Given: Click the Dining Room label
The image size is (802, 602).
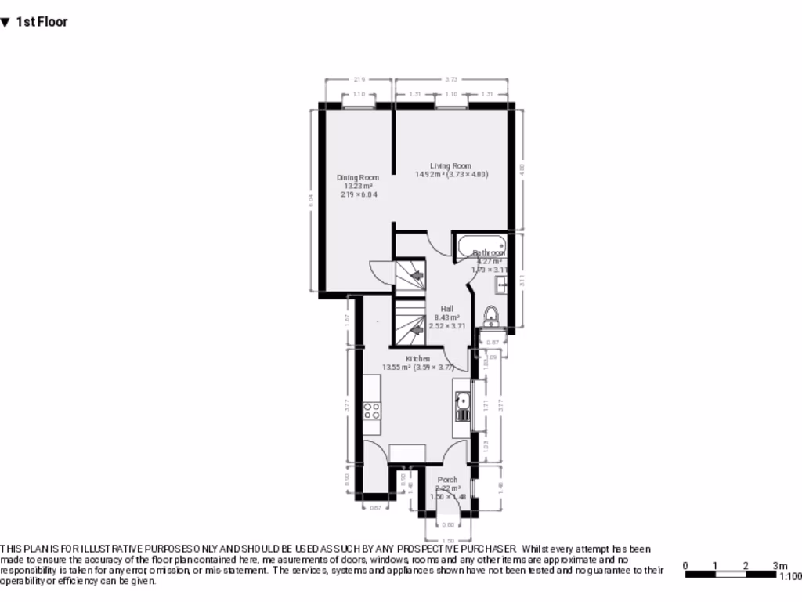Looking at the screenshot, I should click(x=358, y=178).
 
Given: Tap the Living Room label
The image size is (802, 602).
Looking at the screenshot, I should click(x=450, y=166).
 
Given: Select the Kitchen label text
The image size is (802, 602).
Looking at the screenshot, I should click(x=417, y=359).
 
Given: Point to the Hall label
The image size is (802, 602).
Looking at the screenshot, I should click(x=446, y=309).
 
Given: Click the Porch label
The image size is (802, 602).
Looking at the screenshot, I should click(x=447, y=480).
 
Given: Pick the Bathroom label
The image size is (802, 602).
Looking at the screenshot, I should click(x=489, y=253).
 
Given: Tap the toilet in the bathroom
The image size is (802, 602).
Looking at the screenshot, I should click(x=491, y=316).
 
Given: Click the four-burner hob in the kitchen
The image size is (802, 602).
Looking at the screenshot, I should click(x=371, y=412).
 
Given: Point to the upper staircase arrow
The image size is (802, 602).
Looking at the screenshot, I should click(x=417, y=275).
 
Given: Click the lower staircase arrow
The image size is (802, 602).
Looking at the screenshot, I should click(x=417, y=330).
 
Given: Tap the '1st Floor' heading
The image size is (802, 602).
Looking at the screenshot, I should click(x=42, y=22).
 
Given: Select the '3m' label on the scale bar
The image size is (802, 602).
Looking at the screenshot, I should click(x=779, y=565).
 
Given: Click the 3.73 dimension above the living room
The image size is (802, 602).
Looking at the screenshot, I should click(x=451, y=79).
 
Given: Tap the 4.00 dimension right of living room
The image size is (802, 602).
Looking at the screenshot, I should click(x=522, y=168).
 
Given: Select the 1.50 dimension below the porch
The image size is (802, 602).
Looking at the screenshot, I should click(x=448, y=540).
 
